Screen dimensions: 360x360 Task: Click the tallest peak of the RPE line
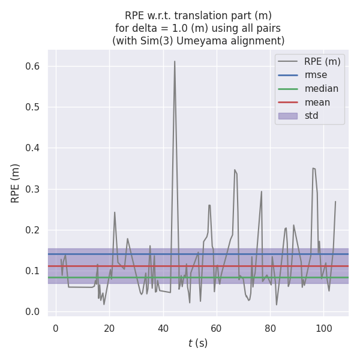tap(175, 61)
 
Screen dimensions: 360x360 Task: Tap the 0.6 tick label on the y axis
tap(33, 67)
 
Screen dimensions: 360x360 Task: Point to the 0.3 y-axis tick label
tap(33, 189)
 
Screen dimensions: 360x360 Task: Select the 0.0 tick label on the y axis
tap(33, 311)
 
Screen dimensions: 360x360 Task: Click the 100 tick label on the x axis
tap(323, 328)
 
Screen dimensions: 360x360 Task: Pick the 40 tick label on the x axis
tap(163, 328)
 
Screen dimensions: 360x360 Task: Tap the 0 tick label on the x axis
tap(56, 328)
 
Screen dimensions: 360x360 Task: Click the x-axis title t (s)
tap(198, 343)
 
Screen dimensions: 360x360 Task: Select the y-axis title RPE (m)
tap(16, 183)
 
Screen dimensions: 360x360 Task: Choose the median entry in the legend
tap(321, 89)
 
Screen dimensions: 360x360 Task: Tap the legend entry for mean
tap(317, 102)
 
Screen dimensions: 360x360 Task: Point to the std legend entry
tap(311, 116)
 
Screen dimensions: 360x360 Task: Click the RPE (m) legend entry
tap(322, 61)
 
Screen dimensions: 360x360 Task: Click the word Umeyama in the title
tap(208, 41)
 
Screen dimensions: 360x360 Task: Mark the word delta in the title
tap(146, 28)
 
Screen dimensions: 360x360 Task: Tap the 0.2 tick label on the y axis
tap(33, 230)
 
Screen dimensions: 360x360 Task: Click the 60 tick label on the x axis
tap(216, 328)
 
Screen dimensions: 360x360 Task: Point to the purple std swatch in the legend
tap(288, 116)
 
